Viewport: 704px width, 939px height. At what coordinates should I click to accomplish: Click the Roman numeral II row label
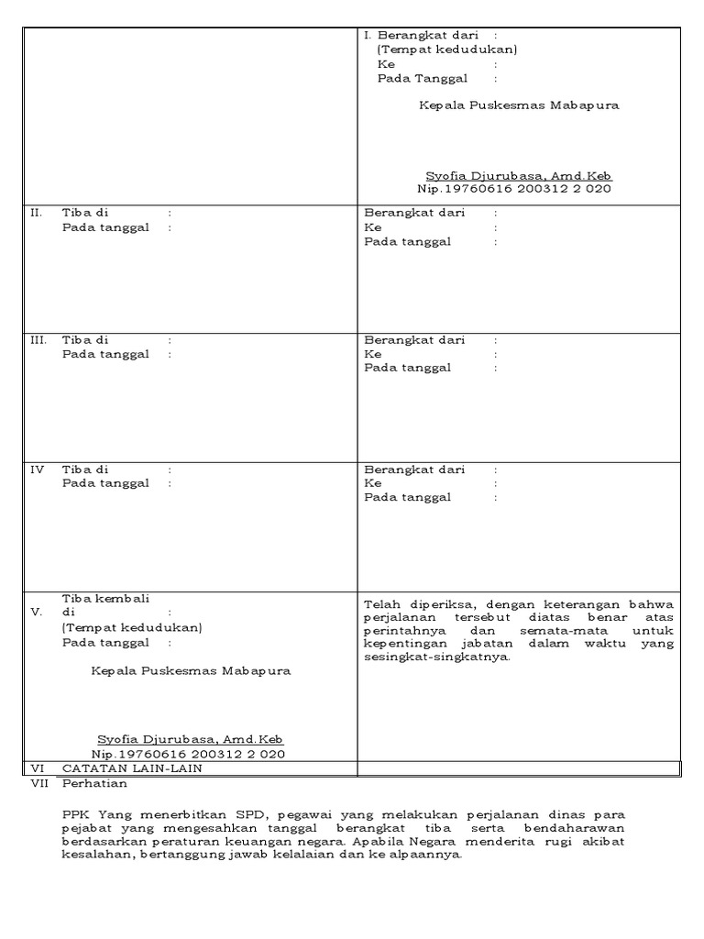[x=37, y=213]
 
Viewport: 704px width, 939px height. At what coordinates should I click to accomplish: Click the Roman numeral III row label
[x=38, y=340]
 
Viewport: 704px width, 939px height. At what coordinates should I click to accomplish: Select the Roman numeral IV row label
[x=38, y=469]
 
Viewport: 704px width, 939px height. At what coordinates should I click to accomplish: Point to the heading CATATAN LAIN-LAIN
[x=131, y=768]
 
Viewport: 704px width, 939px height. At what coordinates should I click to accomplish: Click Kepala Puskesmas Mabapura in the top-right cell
[x=519, y=105]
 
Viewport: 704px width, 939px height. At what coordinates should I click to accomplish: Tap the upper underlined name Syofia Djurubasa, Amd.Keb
[x=518, y=175]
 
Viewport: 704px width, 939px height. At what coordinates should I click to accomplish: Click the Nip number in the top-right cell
[x=514, y=189]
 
